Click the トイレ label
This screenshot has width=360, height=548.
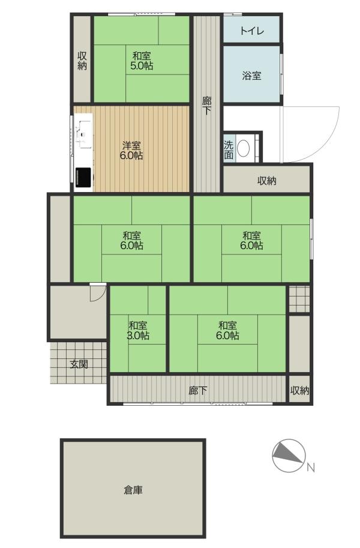[251, 31]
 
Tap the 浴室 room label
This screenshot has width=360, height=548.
[251, 76]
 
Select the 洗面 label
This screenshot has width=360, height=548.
[229, 150]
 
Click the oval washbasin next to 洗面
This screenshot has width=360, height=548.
[243, 149]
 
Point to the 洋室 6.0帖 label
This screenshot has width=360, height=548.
[131, 151]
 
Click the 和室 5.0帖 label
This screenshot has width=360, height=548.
[142, 61]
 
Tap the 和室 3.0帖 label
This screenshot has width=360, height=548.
[138, 331]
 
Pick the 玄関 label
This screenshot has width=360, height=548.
[79, 364]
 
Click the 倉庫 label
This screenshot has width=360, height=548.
[133, 490]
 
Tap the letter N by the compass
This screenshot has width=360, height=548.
[311, 467]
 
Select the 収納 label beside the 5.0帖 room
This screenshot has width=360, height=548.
[82, 61]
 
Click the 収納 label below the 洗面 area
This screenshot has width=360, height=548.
[267, 181]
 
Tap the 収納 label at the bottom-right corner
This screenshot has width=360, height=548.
[299, 390]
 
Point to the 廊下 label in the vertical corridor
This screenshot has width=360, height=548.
[207, 106]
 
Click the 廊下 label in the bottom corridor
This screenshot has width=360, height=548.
[198, 390]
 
